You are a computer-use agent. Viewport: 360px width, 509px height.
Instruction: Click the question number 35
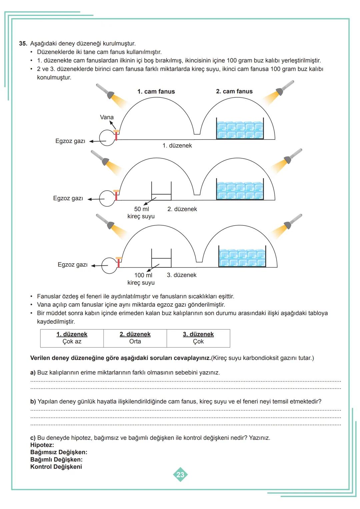[x=23, y=44]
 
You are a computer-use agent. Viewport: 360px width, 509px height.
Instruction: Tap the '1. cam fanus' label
[x=156, y=92]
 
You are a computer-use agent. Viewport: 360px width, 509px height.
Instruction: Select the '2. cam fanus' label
[x=234, y=91]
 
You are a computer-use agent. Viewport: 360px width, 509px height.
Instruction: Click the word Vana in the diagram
[x=107, y=117]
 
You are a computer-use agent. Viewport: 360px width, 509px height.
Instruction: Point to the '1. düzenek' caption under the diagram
[x=177, y=146]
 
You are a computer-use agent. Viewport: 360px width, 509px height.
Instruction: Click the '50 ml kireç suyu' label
[x=141, y=213]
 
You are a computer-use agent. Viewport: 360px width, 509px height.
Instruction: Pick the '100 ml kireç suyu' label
[x=141, y=279]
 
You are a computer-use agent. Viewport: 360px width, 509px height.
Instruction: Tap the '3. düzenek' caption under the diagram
[x=182, y=275]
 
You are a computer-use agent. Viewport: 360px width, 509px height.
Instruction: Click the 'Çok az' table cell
[x=72, y=342]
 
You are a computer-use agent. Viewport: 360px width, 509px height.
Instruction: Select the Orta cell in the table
[x=135, y=342]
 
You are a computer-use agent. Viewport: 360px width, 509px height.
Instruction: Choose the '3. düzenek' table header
[x=198, y=334]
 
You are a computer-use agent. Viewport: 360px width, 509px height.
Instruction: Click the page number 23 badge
[x=180, y=475]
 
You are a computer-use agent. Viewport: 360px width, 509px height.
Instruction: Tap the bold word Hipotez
[x=42, y=445]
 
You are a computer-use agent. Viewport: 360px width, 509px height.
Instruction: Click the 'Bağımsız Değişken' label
[x=59, y=452]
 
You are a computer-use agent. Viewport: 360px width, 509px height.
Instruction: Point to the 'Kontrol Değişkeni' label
[x=56, y=467]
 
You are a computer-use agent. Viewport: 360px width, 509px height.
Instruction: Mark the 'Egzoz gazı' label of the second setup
[x=68, y=198]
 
